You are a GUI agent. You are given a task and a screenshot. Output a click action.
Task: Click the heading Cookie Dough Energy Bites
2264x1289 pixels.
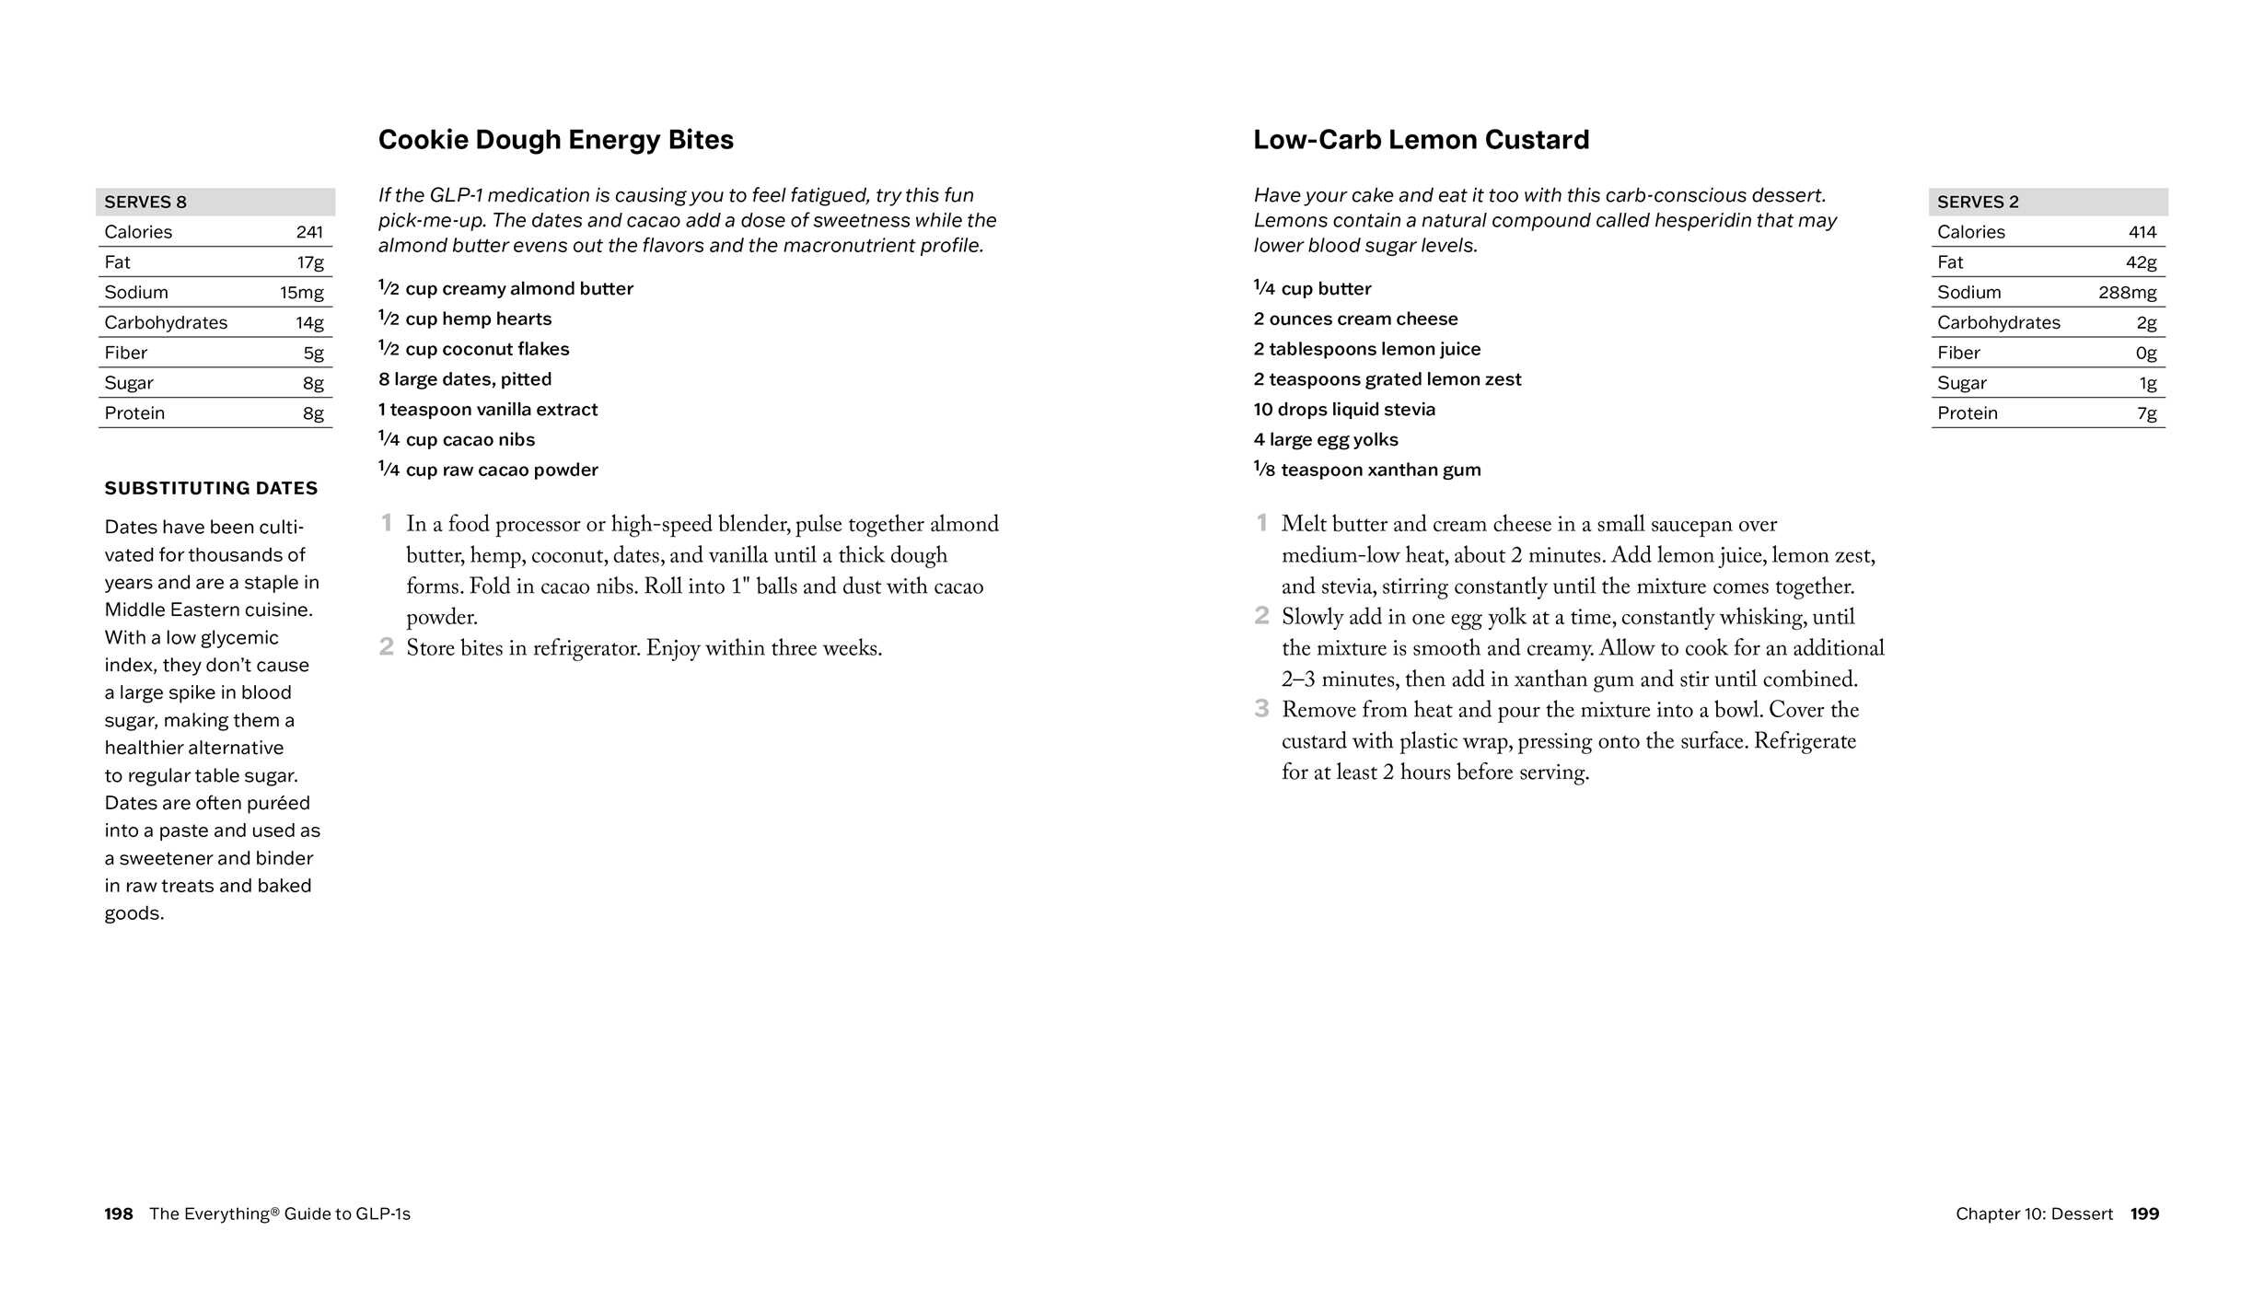pos(555,140)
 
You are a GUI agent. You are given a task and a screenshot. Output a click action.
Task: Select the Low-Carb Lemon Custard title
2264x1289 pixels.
pos(1421,140)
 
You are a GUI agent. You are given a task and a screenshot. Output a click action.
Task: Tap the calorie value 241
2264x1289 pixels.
pos(309,232)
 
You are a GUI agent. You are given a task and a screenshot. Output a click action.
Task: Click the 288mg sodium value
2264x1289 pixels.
pos(2127,293)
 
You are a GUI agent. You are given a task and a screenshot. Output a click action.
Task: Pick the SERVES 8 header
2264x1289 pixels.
pos(145,202)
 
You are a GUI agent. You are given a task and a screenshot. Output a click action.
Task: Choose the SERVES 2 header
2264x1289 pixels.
pos(1978,202)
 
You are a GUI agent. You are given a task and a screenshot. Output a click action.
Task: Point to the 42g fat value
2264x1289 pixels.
pos(2141,262)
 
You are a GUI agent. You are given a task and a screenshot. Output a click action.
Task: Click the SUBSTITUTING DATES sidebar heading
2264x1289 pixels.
pos(211,488)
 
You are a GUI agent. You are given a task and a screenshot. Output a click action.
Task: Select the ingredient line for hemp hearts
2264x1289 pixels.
pos(465,319)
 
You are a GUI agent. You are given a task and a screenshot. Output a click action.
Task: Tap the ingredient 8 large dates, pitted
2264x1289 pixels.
pos(465,379)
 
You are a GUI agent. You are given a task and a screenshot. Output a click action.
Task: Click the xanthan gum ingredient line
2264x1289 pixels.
pos(1367,470)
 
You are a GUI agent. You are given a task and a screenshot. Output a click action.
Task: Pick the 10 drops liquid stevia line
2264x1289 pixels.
pos(1344,410)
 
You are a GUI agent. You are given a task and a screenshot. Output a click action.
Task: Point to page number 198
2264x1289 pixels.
pos(119,1214)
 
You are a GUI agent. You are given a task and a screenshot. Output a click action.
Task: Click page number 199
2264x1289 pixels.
pos(2144,1214)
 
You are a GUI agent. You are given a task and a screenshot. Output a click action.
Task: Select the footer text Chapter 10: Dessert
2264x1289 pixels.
pos(2034,1214)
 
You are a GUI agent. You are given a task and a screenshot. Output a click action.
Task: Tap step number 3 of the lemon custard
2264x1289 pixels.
pos(1261,709)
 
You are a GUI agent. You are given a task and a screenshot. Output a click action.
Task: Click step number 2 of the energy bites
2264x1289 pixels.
pos(387,647)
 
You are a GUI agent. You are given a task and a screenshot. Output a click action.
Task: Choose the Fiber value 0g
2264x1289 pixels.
pos(2146,354)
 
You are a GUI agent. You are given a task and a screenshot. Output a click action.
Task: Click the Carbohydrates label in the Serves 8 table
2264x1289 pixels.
pos(166,323)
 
